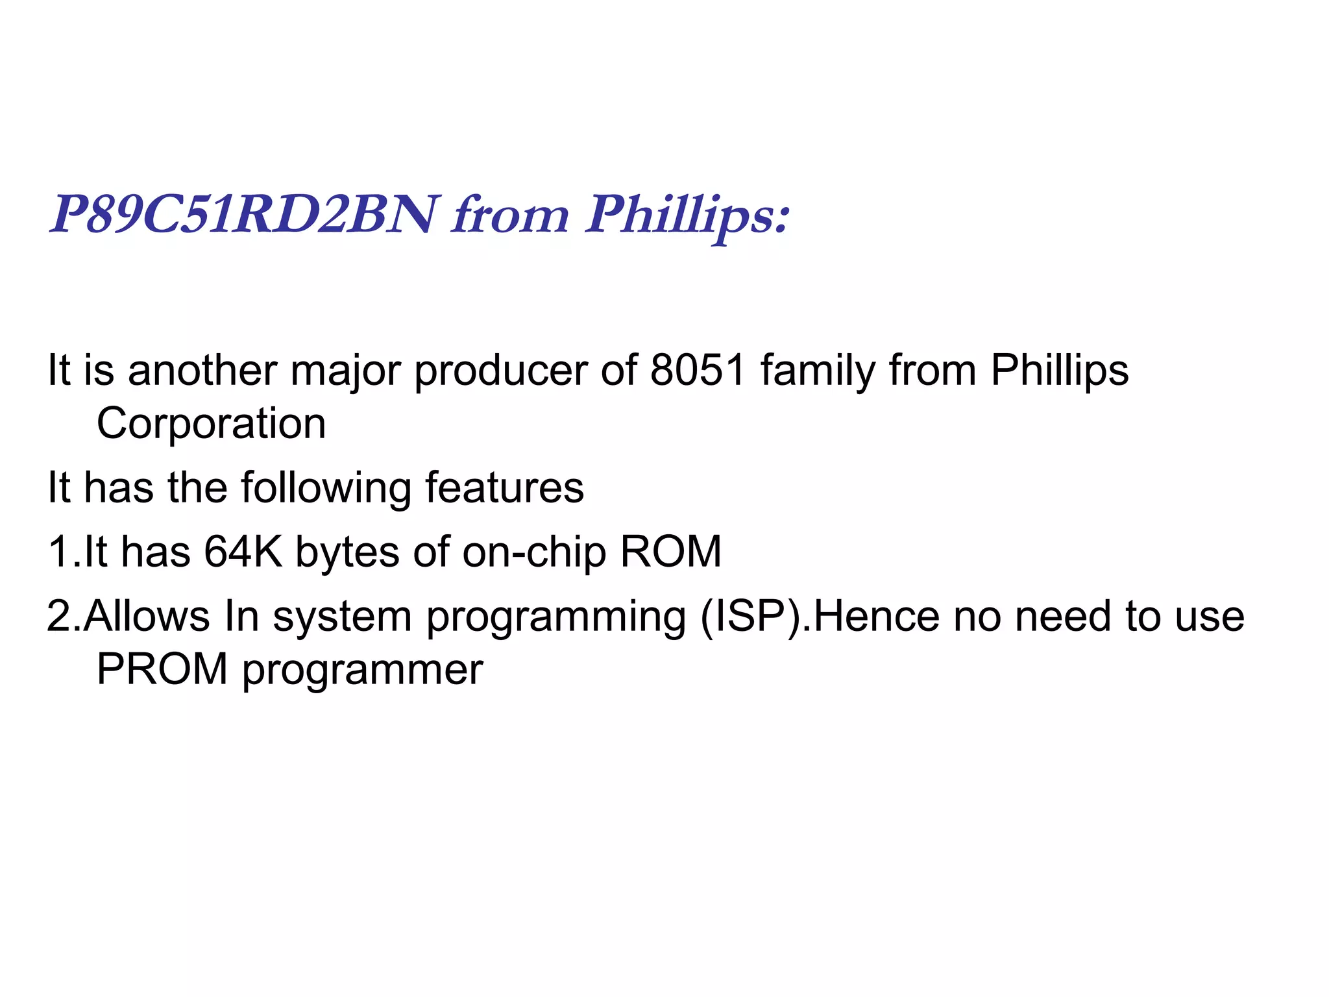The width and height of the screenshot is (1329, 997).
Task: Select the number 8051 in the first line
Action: (x=698, y=370)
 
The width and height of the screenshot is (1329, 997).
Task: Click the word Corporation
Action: (x=211, y=423)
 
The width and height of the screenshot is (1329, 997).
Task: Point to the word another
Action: (x=202, y=370)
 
